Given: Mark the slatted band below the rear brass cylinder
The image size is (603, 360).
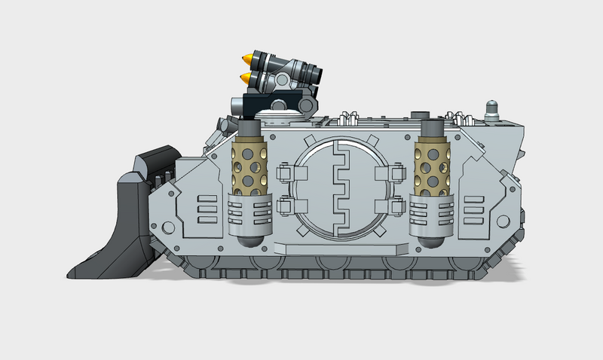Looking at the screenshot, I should [x=432, y=212].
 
